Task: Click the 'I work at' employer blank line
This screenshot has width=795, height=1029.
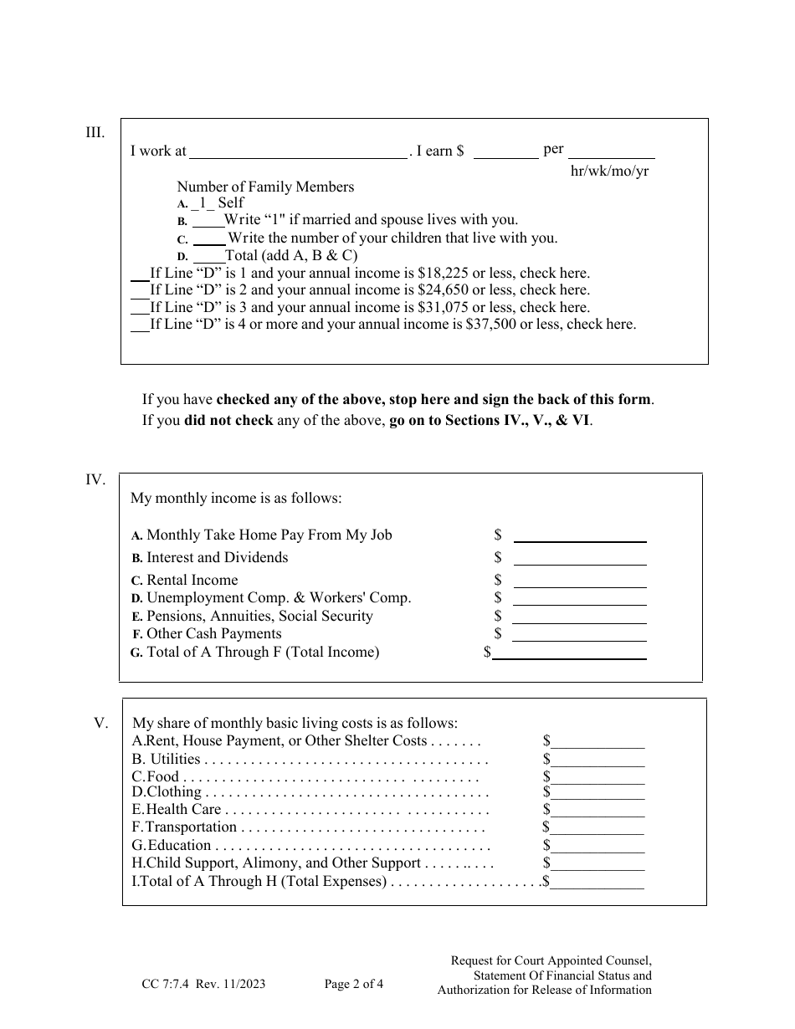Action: point(298,152)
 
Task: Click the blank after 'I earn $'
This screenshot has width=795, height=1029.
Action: point(506,152)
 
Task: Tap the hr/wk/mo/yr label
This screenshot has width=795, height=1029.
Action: point(609,171)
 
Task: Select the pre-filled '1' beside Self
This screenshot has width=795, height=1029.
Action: point(202,203)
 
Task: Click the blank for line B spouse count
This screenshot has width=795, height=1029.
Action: point(208,221)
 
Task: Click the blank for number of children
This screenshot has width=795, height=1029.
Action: point(210,238)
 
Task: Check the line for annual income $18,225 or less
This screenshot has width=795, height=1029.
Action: point(140,274)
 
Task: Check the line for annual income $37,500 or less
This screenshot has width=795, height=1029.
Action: point(140,325)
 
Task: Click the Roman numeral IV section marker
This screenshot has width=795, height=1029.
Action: point(95,479)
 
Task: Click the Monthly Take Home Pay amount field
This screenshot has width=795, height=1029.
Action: point(579,536)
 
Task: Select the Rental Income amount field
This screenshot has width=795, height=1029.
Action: point(579,581)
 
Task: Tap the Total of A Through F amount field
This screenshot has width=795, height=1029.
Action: point(569,653)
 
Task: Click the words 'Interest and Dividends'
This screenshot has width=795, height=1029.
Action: point(217,558)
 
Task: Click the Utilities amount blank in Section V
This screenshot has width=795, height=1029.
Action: point(598,760)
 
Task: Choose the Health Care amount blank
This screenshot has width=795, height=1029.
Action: point(598,811)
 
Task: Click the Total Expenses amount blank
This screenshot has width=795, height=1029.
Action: point(598,883)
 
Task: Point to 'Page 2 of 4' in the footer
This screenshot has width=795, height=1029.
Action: point(354,985)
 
